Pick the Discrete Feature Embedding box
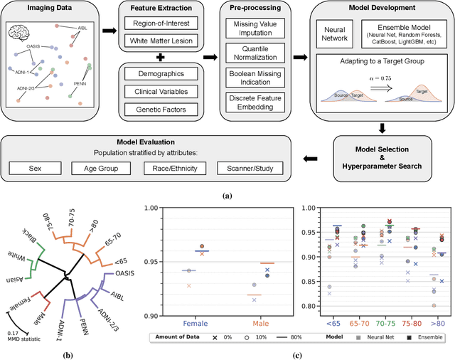tap(255, 102)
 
